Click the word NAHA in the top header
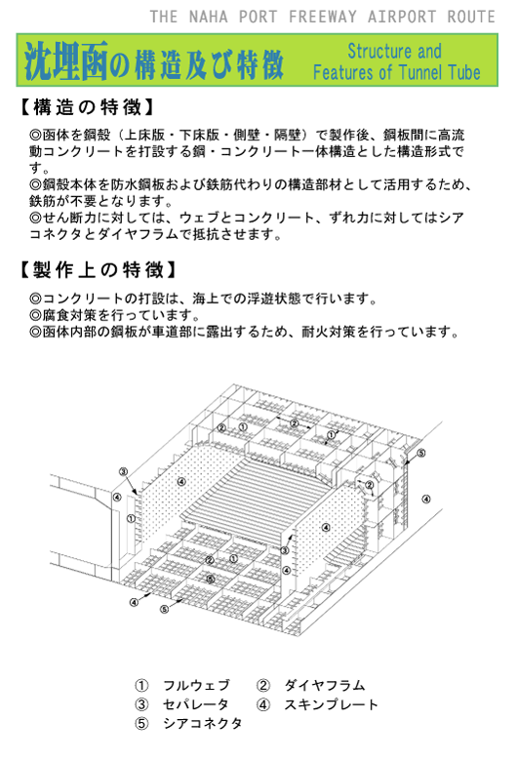click(209, 17)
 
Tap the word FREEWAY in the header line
click(323, 17)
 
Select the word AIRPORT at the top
click(402, 17)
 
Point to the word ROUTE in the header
click(471, 17)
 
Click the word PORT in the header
click(258, 17)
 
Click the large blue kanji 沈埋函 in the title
click(66, 61)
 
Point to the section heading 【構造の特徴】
click(87, 107)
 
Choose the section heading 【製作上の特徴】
click(98, 269)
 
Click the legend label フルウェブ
click(196, 685)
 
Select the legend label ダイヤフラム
click(324, 685)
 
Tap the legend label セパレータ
click(196, 704)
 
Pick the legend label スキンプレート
click(331, 704)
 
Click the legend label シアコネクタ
click(203, 723)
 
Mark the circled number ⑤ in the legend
click(141, 724)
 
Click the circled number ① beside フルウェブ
click(141, 686)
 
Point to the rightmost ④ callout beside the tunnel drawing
click(426, 499)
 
